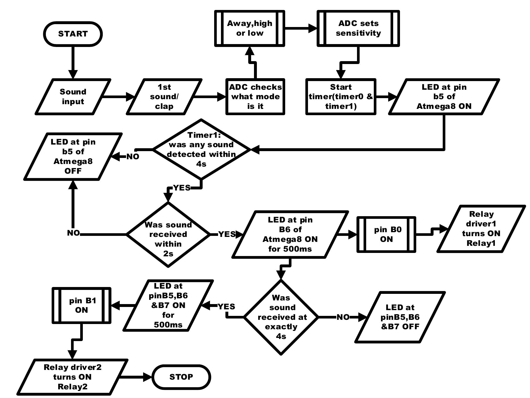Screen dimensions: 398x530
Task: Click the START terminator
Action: tap(73, 34)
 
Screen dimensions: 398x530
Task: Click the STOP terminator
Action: tap(181, 377)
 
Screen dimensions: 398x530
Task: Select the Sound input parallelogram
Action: tap(73, 97)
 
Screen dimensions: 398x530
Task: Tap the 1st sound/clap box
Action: tap(164, 97)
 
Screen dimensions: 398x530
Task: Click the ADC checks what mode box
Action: tap(255, 97)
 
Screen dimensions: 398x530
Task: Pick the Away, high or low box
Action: tap(250, 28)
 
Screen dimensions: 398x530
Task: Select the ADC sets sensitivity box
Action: tap(358, 28)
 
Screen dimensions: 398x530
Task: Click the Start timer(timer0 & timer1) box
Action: tap(340, 97)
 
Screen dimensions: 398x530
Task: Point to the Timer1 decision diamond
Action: tap(201, 149)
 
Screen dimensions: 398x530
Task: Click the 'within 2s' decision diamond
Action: tap(168, 234)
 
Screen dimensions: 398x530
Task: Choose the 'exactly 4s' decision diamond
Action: tap(281, 317)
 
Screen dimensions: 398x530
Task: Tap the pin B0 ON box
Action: tap(386, 234)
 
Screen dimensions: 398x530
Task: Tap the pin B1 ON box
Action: tap(82, 305)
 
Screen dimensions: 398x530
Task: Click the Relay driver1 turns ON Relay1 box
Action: tap(481, 229)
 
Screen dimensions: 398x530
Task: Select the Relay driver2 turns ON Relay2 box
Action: tap(72, 377)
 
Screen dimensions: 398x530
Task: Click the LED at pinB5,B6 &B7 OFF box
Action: tap(400, 317)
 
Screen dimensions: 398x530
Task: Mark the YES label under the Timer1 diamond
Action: tap(182, 188)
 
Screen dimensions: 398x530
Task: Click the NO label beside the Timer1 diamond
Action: tap(133, 157)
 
